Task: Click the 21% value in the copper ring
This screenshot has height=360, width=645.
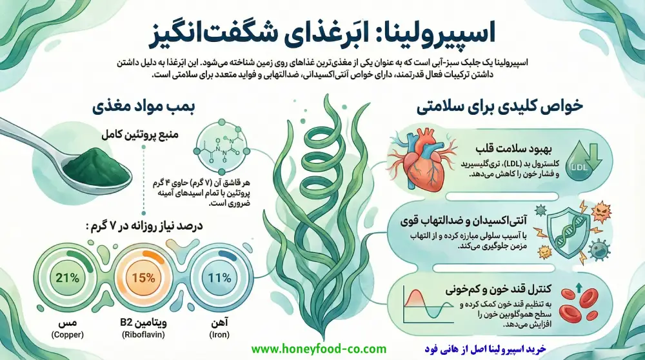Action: pyautogui.click(x=67, y=279)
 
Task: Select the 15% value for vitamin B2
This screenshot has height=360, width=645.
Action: pyautogui.click(x=143, y=279)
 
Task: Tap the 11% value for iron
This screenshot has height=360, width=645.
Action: pyautogui.click(x=219, y=279)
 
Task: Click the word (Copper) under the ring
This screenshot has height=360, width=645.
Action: pyautogui.click(x=67, y=335)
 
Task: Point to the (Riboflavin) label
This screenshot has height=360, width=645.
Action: pyautogui.click(x=143, y=335)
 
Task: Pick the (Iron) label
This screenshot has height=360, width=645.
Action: pyautogui.click(x=219, y=335)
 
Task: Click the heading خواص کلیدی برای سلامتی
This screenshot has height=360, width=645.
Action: pyautogui.click(x=510, y=107)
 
